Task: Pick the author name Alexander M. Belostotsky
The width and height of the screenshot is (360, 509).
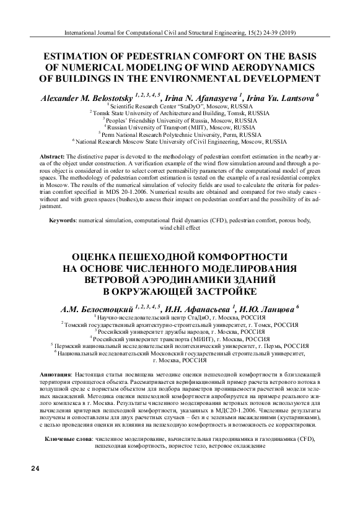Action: point(86,97)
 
